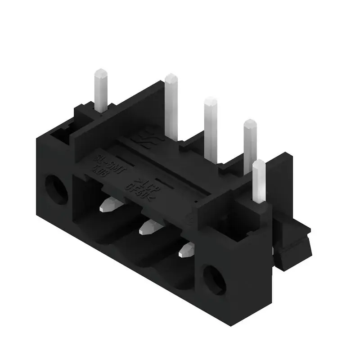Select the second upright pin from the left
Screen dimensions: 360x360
pos(171,103)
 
